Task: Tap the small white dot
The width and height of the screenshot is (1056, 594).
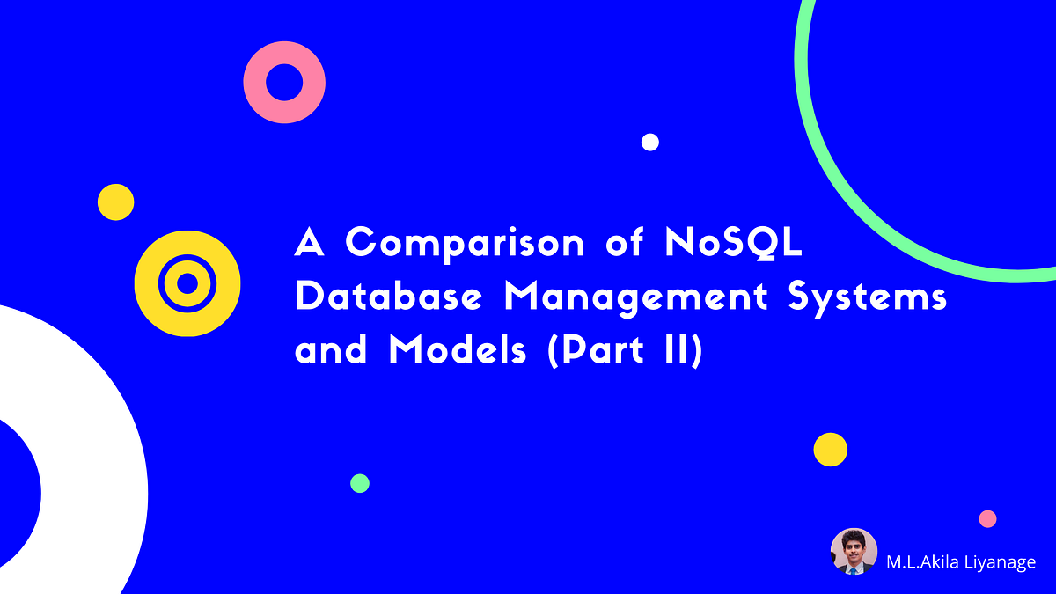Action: point(650,142)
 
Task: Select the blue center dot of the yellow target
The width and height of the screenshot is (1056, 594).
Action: point(187,283)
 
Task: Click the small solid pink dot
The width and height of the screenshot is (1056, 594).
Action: point(988,518)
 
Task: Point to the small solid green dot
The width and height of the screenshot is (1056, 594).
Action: point(360,483)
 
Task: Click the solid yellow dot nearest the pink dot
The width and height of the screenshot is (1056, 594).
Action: point(830,450)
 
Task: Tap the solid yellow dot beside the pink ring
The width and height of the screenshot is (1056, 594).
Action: point(115,202)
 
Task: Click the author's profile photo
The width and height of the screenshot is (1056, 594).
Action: point(854,552)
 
